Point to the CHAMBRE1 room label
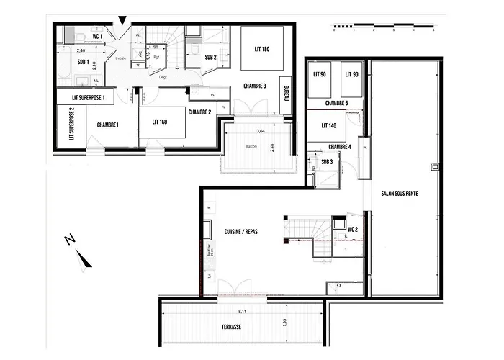(107, 125)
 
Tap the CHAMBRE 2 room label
(199, 112)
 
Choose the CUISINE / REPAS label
(241, 231)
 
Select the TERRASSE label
(232, 326)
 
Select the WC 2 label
(353, 230)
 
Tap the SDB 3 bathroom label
(327, 162)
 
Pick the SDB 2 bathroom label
(211, 57)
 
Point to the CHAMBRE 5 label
(336, 103)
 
